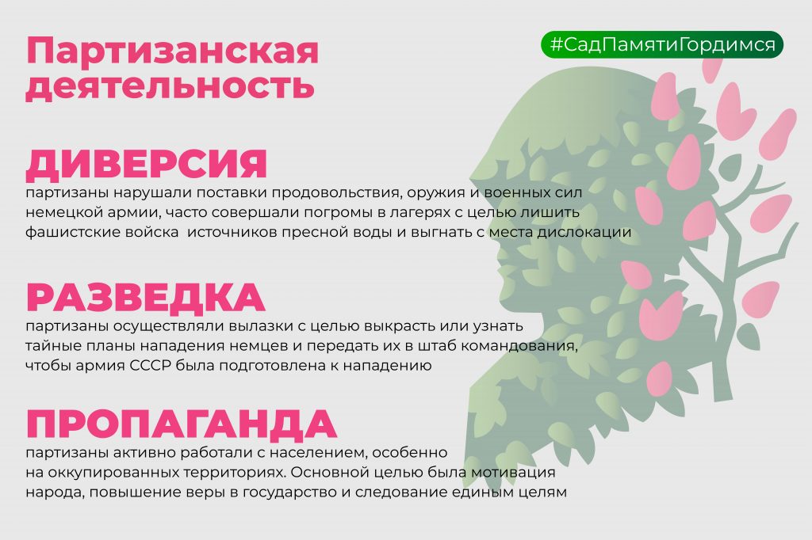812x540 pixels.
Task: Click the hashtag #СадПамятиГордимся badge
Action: tap(662, 44)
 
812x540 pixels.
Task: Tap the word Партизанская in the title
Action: tap(172, 51)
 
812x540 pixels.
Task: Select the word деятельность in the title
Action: tap(170, 86)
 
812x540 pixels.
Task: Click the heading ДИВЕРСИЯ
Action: tap(147, 165)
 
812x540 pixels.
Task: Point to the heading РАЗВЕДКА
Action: tap(146, 298)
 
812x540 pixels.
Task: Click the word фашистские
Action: tap(73, 232)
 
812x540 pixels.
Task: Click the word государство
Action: tap(290, 492)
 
